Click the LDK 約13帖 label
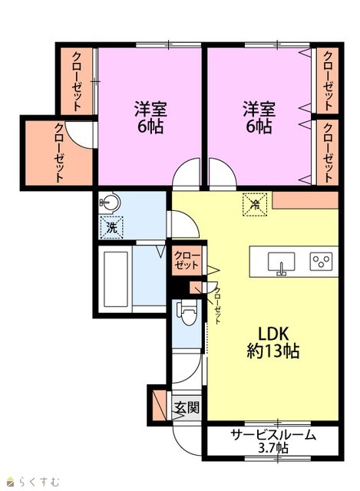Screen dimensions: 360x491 pyautogui.click(x=272, y=342)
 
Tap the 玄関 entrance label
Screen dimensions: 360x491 pyautogui.click(x=187, y=407)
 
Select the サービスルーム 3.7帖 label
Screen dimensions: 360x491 pyautogui.click(x=273, y=441)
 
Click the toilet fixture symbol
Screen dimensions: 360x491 pyautogui.click(x=187, y=311)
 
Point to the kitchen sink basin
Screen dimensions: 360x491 pyautogui.click(x=281, y=262)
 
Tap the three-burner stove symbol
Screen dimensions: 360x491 pyautogui.click(x=321, y=261)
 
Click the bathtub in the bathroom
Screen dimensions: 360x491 pyautogui.click(x=116, y=279)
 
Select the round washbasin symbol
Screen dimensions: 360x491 pyautogui.click(x=110, y=203)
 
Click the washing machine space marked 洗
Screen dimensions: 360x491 pyautogui.click(x=111, y=227)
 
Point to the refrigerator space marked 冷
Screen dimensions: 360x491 pyautogui.click(x=256, y=205)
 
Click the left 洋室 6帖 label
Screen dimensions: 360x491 pyautogui.click(x=150, y=117)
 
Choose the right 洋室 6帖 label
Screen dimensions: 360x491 pyautogui.click(x=259, y=117)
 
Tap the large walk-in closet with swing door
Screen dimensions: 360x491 pyautogui.click(x=59, y=153)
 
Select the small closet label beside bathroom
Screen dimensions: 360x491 pyautogui.click(x=187, y=260)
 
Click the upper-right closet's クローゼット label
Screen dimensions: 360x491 pyautogui.click(x=328, y=81)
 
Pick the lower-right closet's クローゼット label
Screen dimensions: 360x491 pyautogui.click(x=328, y=153)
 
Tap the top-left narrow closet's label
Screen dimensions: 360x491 pyautogui.click(x=77, y=81)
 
